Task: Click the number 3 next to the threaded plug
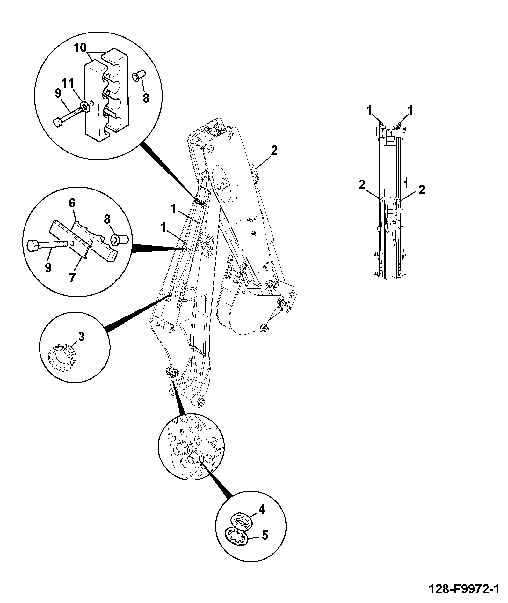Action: pos(81,336)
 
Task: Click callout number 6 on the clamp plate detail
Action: pos(72,203)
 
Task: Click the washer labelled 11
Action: pos(85,106)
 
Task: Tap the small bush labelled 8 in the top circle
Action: pos(139,76)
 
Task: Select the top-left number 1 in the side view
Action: pos(369,111)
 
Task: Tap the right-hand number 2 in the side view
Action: pos(422,190)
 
